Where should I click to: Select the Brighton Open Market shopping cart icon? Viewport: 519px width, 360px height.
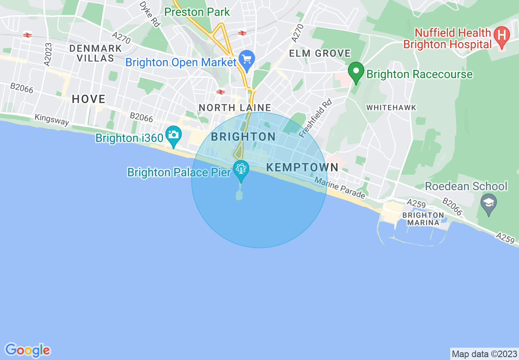pyautogui.click(x=247, y=60)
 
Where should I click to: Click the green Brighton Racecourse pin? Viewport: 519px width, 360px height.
pyautogui.click(x=356, y=72)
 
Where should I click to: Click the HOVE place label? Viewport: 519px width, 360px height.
pyautogui.click(x=88, y=99)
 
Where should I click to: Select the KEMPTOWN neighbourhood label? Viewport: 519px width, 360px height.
pyautogui.click(x=302, y=167)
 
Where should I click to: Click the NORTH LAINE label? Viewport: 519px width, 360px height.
pyautogui.click(x=235, y=108)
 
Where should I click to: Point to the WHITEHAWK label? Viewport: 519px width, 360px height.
pyautogui.click(x=391, y=108)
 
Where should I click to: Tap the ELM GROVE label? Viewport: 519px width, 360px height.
pyautogui.click(x=320, y=54)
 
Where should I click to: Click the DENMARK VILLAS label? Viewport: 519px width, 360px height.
pyautogui.click(x=96, y=53)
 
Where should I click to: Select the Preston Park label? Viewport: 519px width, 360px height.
pyautogui.click(x=197, y=12)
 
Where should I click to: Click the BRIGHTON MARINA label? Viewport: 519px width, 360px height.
pyautogui.click(x=423, y=218)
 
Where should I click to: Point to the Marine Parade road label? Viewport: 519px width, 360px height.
pyautogui.click(x=339, y=188)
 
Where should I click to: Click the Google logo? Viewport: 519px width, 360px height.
pyautogui.click(x=27, y=350)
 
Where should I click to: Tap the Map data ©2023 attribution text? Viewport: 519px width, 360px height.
pyautogui.click(x=484, y=353)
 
